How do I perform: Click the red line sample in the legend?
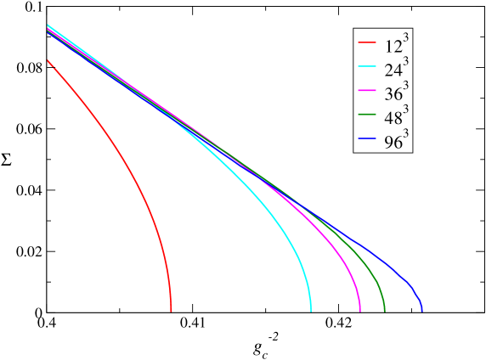click(x=367, y=42)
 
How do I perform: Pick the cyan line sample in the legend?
click(x=367, y=67)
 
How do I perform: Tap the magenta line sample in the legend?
click(x=367, y=91)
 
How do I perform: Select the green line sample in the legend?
click(x=367, y=115)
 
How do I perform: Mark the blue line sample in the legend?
click(x=367, y=138)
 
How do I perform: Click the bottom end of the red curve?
click(x=172, y=311)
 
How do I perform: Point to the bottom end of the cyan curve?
click(x=311, y=311)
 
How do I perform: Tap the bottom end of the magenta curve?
click(x=360, y=311)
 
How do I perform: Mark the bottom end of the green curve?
click(x=385, y=311)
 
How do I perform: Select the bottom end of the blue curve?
click(x=421, y=311)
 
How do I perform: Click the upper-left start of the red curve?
click(x=48, y=60)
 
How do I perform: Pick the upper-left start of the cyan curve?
click(x=48, y=25)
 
